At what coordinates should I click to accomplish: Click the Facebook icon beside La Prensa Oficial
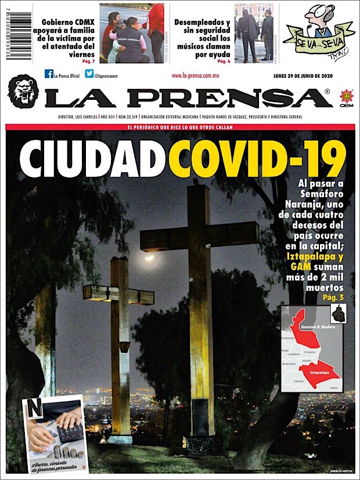point(49,74)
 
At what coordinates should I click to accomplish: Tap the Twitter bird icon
point(89,74)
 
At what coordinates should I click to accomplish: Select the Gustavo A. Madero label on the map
point(314,327)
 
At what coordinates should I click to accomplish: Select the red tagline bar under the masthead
point(180,127)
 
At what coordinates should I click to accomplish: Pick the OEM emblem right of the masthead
point(346,98)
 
